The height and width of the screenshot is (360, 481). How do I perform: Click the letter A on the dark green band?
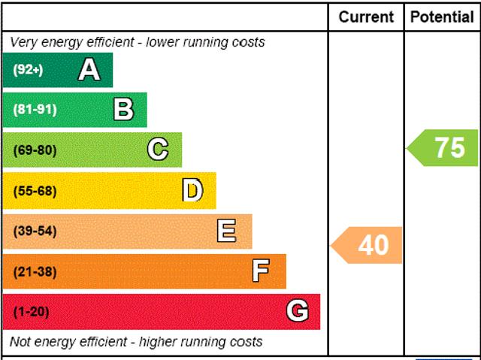(89, 70)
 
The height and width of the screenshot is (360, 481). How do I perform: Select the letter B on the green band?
(123, 110)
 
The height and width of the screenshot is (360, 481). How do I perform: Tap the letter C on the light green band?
(158, 150)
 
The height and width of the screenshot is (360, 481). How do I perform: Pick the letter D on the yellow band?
(192, 190)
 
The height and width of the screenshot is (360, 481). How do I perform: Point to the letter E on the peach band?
(226, 231)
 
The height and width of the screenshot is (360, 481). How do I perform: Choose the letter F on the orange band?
(260, 271)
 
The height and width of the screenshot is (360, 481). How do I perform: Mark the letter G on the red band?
(297, 311)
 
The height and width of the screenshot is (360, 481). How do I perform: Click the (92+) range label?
(29, 70)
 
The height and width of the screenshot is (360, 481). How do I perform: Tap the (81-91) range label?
(35, 110)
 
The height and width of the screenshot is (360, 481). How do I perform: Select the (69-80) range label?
(35, 150)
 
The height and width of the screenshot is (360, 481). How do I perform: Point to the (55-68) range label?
(35, 191)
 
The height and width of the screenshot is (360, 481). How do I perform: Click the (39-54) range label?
(35, 231)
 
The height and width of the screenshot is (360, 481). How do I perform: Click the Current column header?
(366, 17)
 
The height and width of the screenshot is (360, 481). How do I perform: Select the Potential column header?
(443, 17)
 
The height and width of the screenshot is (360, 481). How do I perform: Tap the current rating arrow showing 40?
(368, 245)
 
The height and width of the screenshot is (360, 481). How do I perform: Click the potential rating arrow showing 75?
(444, 147)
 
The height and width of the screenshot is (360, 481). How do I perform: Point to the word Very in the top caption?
(23, 42)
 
